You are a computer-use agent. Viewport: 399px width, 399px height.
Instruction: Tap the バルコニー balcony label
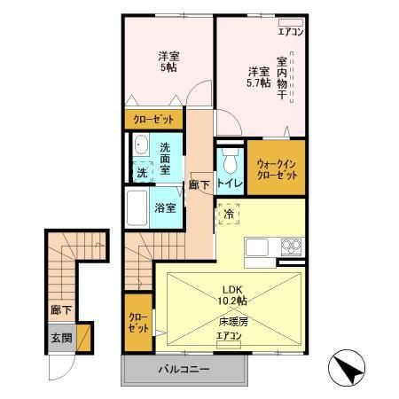tap(184, 368)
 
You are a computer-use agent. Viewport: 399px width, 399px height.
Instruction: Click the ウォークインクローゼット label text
tap(276, 168)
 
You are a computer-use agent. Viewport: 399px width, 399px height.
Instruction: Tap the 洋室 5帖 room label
tap(168, 59)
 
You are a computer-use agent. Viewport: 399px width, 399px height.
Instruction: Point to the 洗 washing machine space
tap(141, 172)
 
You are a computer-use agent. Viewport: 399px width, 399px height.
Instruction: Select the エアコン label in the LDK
tap(229, 338)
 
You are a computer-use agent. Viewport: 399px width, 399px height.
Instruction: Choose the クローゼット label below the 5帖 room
tap(153, 119)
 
